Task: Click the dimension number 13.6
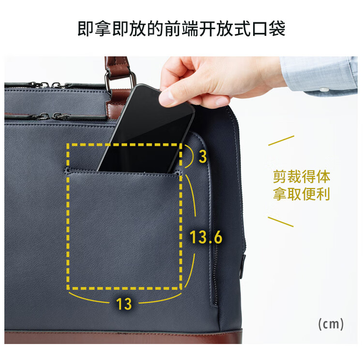206,237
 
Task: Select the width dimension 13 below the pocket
124,304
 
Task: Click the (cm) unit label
331,324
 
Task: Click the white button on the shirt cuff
324,90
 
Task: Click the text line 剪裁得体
302,177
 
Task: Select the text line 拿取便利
302,194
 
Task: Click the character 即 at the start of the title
86,29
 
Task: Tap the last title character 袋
277,29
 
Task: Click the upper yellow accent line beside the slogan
281,141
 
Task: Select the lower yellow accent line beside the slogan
281,222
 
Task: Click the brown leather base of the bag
123,337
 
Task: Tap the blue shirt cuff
318,75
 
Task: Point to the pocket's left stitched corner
67,171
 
